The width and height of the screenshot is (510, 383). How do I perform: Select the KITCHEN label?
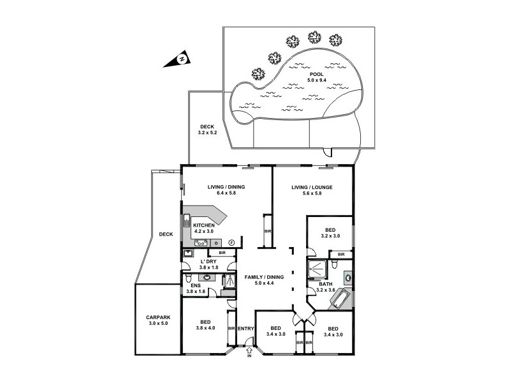click(203, 226)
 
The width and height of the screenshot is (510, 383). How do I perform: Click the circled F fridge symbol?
click(231, 243)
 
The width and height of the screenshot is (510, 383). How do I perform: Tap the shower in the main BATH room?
click(317, 270)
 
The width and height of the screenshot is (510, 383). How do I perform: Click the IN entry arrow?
click(249, 350)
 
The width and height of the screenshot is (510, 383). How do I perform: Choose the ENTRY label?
click(247, 329)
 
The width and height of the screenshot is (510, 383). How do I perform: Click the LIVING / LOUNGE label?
click(312, 187)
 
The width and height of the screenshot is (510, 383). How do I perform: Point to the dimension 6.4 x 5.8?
click(226, 193)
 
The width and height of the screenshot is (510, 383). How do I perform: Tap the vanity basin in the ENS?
click(207, 278)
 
